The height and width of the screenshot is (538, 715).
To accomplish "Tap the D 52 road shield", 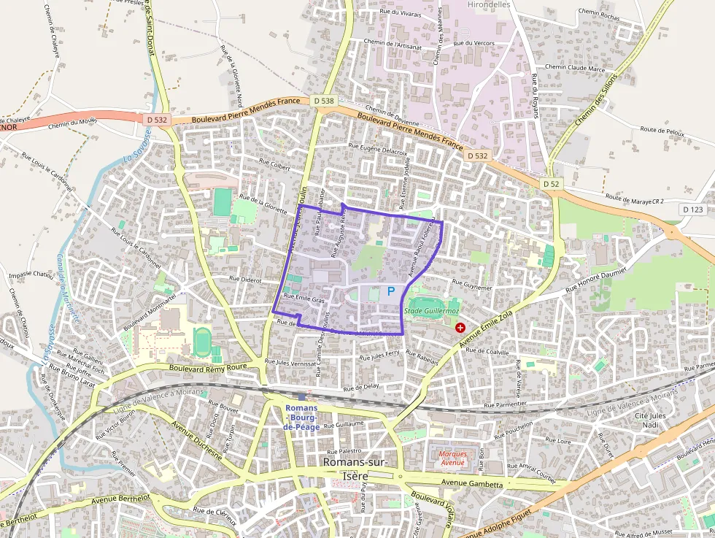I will pyautogui.click(x=551, y=184).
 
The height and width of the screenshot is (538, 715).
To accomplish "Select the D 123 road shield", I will pyautogui.click(x=693, y=210).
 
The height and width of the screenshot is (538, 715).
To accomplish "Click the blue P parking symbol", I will pyautogui.click(x=390, y=291).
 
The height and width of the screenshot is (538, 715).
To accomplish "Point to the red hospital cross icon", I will pyautogui.click(x=460, y=328).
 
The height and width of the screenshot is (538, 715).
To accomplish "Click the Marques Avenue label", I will pyautogui.click(x=452, y=458).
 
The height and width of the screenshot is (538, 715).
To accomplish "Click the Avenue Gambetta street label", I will pyautogui.click(x=474, y=484).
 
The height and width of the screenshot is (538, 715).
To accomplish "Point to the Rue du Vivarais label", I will pyautogui.click(x=401, y=12).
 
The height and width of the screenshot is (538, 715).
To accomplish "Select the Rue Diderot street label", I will pyautogui.click(x=245, y=278).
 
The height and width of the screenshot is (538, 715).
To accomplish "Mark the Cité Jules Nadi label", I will pyautogui.click(x=652, y=420).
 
